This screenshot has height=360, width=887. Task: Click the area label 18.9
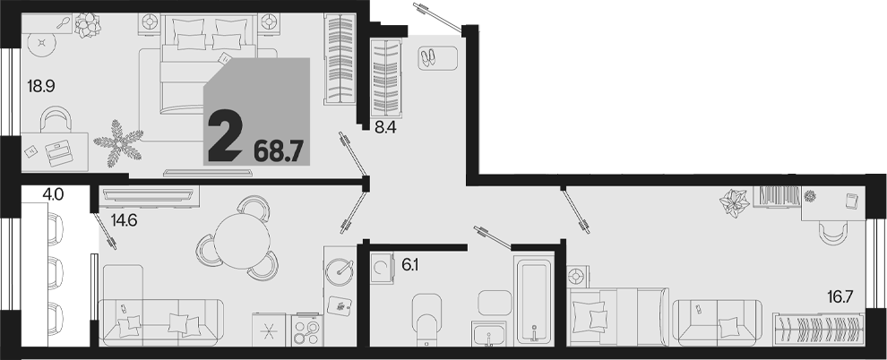point(40,87)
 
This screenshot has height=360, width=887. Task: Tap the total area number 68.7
point(279,151)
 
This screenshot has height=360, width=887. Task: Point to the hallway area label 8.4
point(385,128)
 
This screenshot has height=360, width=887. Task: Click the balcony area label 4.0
point(53,195)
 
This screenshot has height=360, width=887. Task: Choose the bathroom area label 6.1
point(410,264)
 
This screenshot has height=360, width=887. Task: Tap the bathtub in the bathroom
point(535,300)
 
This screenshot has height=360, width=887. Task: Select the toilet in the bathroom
point(427,320)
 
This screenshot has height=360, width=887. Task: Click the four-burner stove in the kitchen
point(307,330)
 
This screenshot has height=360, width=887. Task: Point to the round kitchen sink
point(340,269)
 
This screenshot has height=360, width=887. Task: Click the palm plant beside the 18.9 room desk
point(118,143)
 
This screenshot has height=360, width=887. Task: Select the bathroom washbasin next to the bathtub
point(489,333)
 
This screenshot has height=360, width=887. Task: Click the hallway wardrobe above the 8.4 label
point(386,78)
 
